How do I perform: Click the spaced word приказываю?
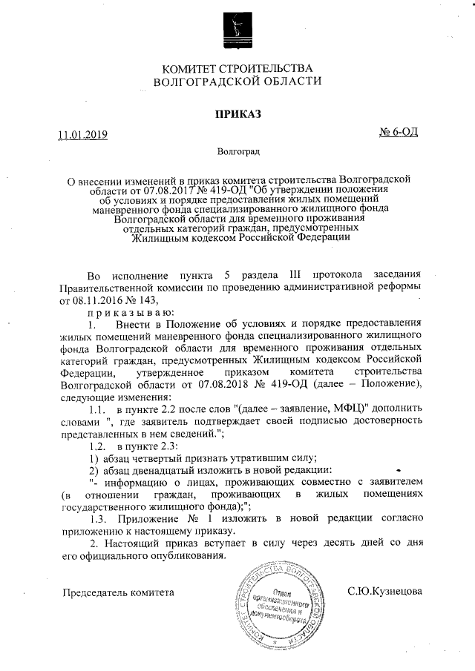coord(122,313)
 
